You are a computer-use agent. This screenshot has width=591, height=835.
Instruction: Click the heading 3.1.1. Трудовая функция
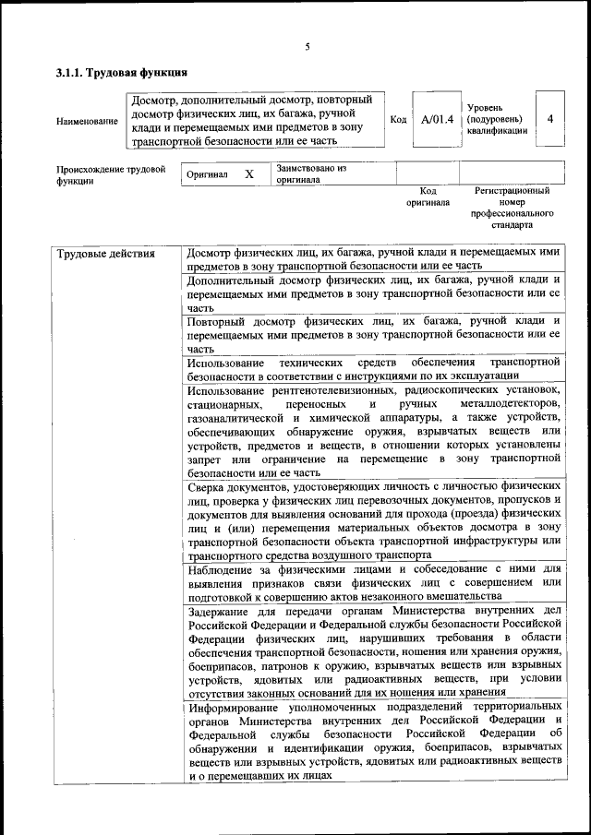pyautogui.click(x=122, y=72)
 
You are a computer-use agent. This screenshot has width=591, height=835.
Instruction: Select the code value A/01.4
pyautogui.click(x=437, y=119)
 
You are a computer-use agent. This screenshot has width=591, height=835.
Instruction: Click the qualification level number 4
pyautogui.click(x=551, y=119)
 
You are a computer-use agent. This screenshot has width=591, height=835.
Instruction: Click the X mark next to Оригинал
pyautogui.click(x=248, y=173)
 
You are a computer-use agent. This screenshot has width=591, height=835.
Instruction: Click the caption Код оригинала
pyautogui.click(x=428, y=196)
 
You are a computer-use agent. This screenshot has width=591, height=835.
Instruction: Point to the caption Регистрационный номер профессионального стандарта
pyautogui.click(x=512, y=208)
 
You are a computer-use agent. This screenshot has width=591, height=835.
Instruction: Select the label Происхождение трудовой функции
pyautogui.click(x=110, y=175)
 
